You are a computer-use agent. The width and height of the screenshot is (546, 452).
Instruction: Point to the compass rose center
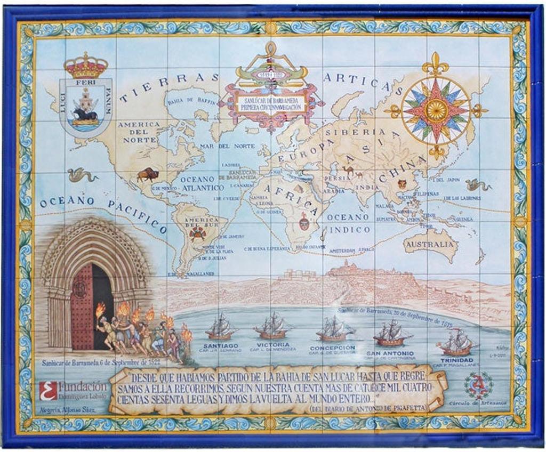coord(436,110)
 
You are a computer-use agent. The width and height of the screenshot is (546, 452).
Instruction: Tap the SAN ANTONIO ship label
coord(390,353)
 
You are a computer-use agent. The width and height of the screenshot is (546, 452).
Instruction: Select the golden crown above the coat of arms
coord(85,66)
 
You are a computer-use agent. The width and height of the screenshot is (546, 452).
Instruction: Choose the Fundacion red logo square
coord(48,391)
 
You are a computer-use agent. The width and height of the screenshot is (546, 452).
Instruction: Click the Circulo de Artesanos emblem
coord(478,385)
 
